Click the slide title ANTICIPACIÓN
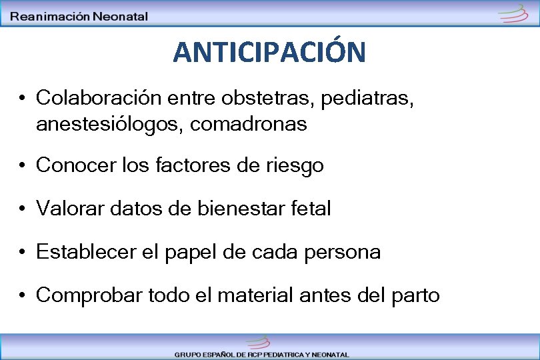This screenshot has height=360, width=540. tap(269, 52)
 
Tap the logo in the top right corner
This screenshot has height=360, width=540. tap(514, 13)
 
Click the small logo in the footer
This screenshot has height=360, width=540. tap(257, 342)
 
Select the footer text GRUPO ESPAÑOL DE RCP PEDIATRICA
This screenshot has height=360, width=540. tap(261, 355)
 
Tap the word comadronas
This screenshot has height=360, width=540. tap(249, 123)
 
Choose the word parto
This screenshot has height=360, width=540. tap(418, 295)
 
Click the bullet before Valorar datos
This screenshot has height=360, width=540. tap(23, 209)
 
